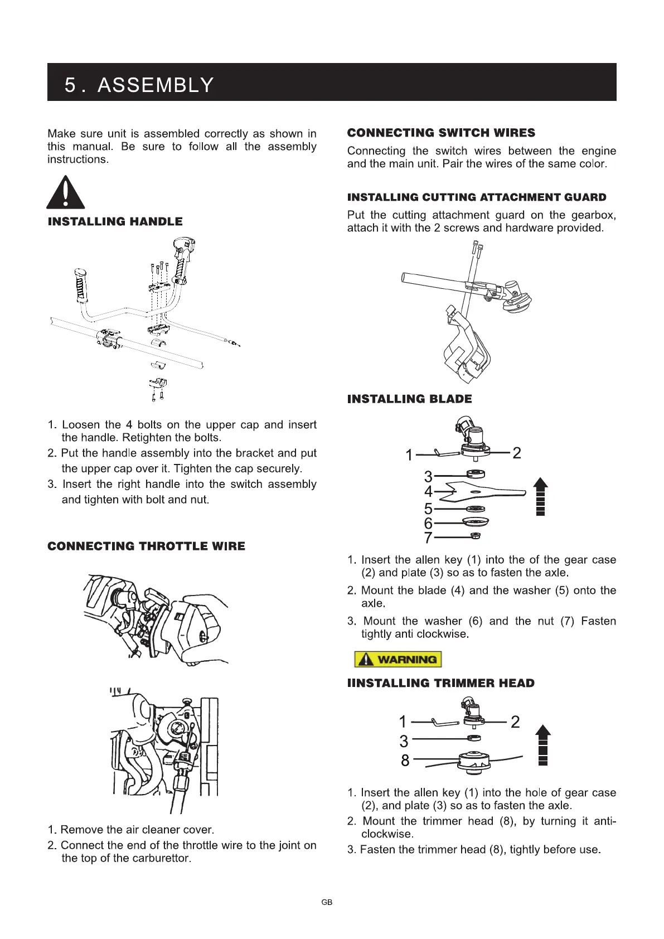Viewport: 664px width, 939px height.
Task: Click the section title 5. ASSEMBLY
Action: click(x=139, y=85)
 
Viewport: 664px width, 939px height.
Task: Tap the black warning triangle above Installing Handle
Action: click(x=66, y=193)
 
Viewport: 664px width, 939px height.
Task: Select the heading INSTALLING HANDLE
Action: click(x=115, y=221)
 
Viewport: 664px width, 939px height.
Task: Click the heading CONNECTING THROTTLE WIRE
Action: click(x=146, y=546)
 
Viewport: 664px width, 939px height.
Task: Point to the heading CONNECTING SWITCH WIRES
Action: click(x=441, y=133)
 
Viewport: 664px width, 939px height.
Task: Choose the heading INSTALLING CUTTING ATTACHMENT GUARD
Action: click(x=477, y=197)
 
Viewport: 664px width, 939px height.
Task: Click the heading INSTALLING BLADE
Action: click(x=409, y=399)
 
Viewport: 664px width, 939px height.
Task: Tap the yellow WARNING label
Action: click(x=398, y=659)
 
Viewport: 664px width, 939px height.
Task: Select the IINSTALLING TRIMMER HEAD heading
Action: click(x=440, y=683)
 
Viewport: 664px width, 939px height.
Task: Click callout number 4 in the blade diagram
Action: click(x=428, y=492)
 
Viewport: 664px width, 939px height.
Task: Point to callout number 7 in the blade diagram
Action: click(x=428, y=538)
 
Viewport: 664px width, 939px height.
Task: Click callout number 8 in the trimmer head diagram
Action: click(x=405, y=760)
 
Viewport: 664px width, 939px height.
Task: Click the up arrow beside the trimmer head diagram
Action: click(x=543, y=744)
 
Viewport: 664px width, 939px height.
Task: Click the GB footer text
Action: click(x=327, y=902)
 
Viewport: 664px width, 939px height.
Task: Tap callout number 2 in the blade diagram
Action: click(x=517, y=453)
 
